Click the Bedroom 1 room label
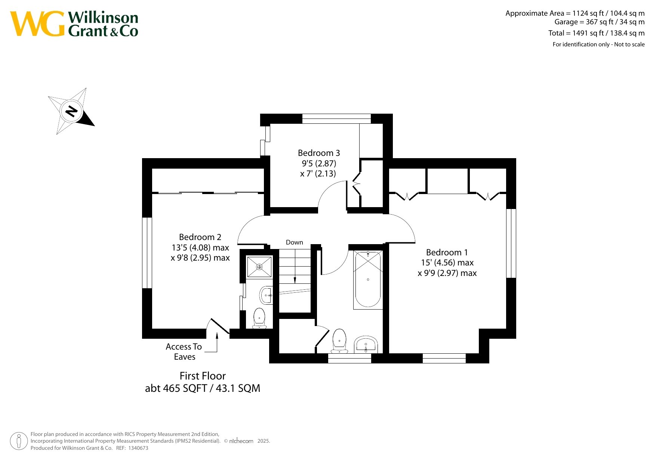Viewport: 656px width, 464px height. click(x=447, y=252)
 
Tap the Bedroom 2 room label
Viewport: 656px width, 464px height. click(x=200, y=237)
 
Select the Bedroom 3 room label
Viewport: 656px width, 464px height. click(x=319, y=153)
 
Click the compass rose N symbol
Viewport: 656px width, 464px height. click(x=71, y=111)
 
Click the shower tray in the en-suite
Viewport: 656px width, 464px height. click(x=259, y=267)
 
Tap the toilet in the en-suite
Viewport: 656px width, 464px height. click(x=259, y=318)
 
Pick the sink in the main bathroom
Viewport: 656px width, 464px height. click(x=366, y=344)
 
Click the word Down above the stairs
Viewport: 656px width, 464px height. click(x=295, y=242)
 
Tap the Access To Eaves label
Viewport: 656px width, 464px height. click(x=184, y=351)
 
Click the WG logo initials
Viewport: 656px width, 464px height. click(x=37, y=24)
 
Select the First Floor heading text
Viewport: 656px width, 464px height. click(x=203, y=376)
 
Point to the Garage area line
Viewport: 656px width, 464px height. click(x=600, y=22)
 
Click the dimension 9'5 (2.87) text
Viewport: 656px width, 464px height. click(x=319, y=163)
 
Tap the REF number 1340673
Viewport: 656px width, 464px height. click(x=138, y=448)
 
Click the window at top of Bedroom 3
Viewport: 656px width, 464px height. click(x=336, y=119)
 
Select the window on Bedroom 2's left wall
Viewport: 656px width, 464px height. click(x=147, y=253)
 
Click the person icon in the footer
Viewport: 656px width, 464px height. click(x=19, y=441)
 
